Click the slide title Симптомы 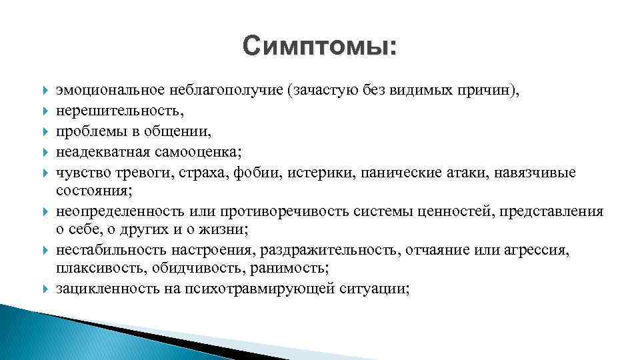click(319, 46)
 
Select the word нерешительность click(108, 107)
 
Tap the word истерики click(301, 173)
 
